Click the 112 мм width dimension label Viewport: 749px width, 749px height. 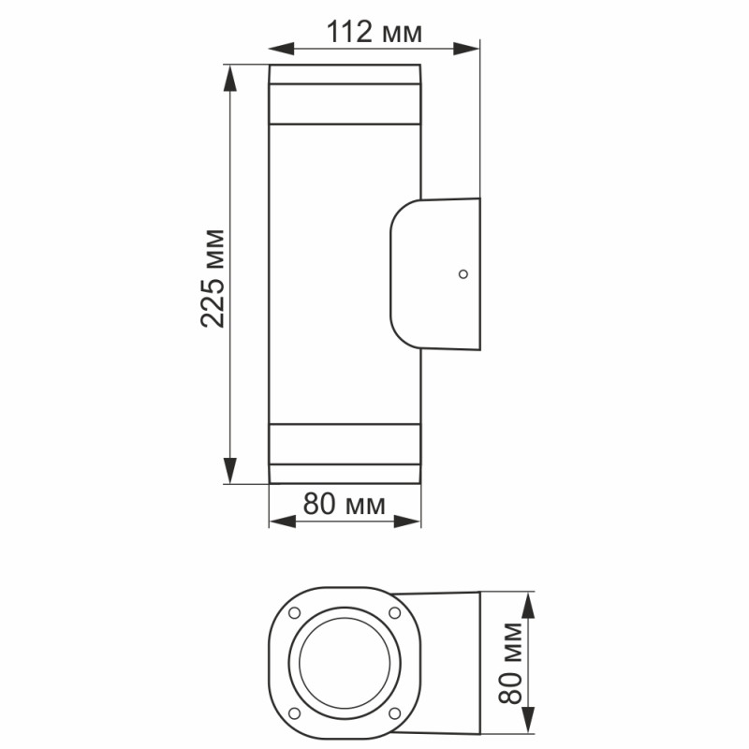[x=374, y=32]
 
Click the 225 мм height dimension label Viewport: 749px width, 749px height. [x=213, y=277]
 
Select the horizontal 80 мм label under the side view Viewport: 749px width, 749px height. [x=345, y=506]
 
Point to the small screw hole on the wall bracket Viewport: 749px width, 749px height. [x=462, y=274]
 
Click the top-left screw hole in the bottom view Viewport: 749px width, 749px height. [x=294, y=613]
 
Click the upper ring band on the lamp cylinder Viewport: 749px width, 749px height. [x=345, y=104]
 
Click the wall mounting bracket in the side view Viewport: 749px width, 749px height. [x=435, y=274]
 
